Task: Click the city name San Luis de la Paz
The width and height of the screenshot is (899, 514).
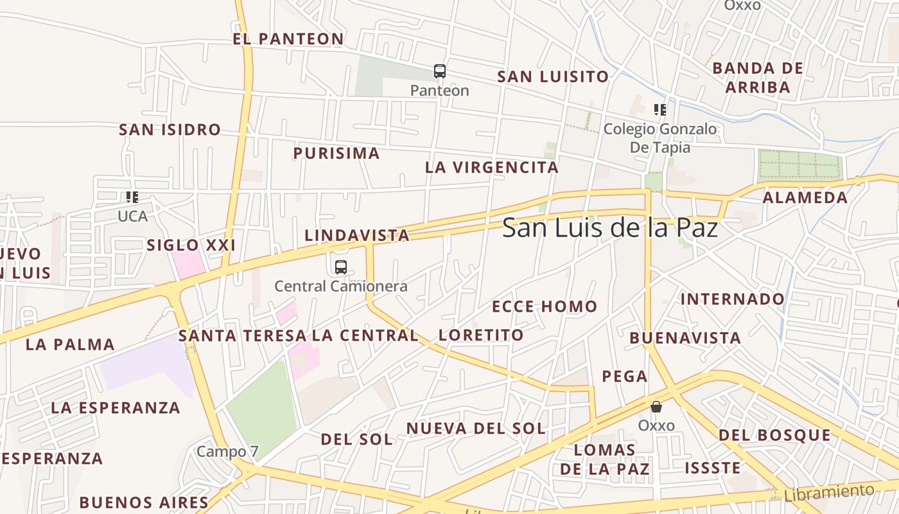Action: point(609,227)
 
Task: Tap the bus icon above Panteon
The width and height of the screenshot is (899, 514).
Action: point(439,71)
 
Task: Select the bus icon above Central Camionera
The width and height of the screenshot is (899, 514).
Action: point(340,267)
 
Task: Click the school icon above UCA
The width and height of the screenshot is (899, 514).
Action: point(132,197)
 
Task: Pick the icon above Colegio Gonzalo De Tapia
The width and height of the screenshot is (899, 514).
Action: point(659,110)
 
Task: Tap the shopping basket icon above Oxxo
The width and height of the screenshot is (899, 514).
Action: point(656,407)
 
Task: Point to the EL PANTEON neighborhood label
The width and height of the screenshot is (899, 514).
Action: point(288,39)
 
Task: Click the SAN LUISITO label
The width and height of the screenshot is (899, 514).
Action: point(553,76)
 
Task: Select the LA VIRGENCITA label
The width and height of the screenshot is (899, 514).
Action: point(492,168)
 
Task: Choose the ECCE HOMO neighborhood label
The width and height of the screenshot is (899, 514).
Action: point(545,306)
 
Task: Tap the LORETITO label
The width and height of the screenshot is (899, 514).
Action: point(481,335)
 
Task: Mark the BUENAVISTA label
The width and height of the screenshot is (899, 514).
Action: point(685,338)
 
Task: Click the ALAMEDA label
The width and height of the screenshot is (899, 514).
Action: point(805,198)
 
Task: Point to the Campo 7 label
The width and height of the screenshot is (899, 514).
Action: point(227,451)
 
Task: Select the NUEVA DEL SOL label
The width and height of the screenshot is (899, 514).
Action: point(476,428)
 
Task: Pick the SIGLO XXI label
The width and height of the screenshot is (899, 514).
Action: point(191,245)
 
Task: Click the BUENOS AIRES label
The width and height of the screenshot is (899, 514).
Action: point(144,502)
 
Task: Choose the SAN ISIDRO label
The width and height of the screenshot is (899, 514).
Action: point(170,130)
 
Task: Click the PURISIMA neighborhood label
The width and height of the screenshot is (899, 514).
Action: point(336,153)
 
